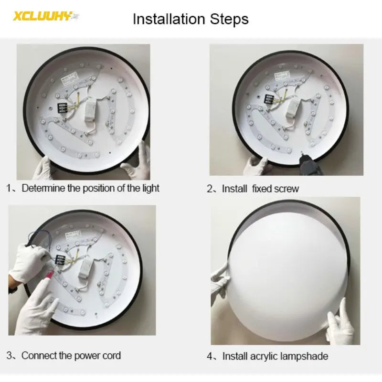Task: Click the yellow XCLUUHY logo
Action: tap(46, 16)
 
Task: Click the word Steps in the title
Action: tap(229, 19)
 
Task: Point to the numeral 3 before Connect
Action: tap(9, 356)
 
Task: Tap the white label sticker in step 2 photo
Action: tap(282, 75)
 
